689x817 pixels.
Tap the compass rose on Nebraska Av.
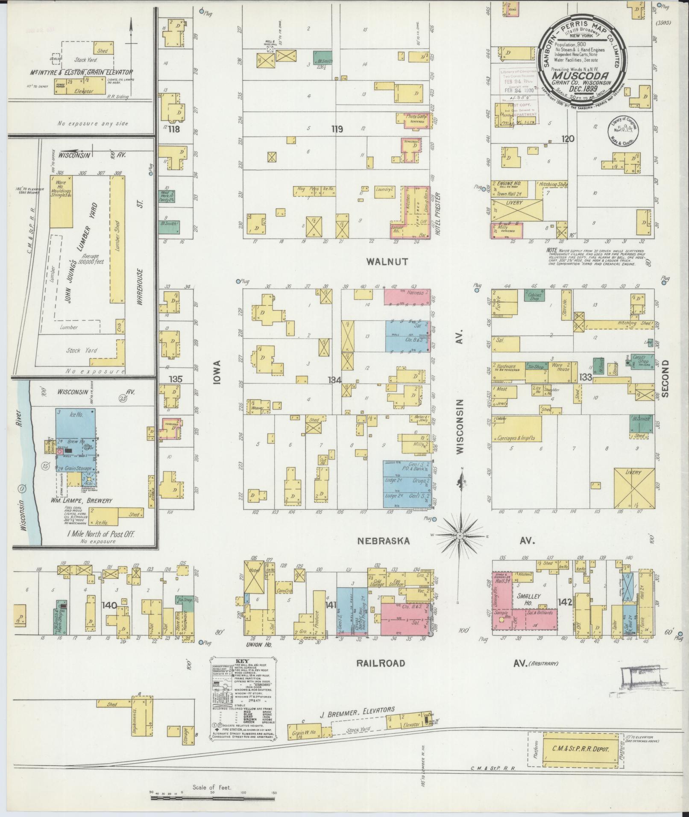click(460, 535)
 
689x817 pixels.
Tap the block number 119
click(337, 129)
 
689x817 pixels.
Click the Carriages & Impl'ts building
click(516, 429)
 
